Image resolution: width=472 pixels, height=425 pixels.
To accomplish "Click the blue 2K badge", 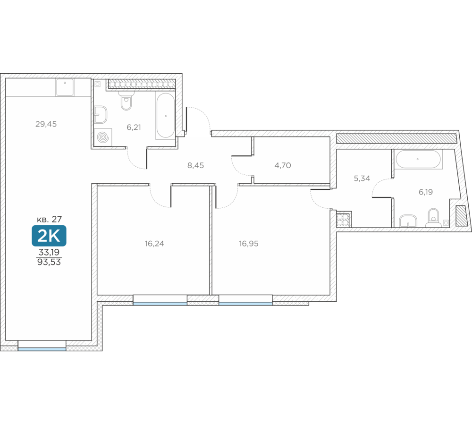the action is (49, 236).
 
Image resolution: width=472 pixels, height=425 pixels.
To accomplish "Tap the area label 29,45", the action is (46, 124).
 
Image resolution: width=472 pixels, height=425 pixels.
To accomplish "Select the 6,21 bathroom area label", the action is (134, 127).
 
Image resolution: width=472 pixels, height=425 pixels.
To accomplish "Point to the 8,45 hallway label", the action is (196, 165).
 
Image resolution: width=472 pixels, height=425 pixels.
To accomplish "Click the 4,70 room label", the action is (283, 165).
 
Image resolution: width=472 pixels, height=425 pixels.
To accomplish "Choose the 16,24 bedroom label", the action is (154, 243).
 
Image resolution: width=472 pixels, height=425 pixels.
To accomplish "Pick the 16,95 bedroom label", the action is (249, 243).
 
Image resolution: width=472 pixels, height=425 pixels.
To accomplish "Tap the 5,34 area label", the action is (362, 178).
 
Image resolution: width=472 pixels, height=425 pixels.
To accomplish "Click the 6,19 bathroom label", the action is (426, 192).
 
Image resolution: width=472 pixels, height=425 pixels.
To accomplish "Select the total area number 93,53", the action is (49, 262).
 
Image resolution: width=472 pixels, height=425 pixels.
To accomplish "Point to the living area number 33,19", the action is (49, 252).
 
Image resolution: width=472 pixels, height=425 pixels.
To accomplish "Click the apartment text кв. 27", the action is (50, 219).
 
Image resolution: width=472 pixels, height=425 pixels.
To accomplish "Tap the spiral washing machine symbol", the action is (103, 137).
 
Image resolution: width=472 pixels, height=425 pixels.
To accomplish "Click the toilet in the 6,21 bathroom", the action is (126, 100).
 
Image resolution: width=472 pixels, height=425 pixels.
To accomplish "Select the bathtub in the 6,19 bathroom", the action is (418, 159).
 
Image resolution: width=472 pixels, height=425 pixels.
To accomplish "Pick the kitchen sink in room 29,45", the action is (65, 87).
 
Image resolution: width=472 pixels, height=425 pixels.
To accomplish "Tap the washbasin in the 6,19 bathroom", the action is (408, 221).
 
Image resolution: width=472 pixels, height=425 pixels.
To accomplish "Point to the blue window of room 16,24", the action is (160, 304).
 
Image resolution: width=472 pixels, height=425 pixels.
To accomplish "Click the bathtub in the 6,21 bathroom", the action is (165, 115).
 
